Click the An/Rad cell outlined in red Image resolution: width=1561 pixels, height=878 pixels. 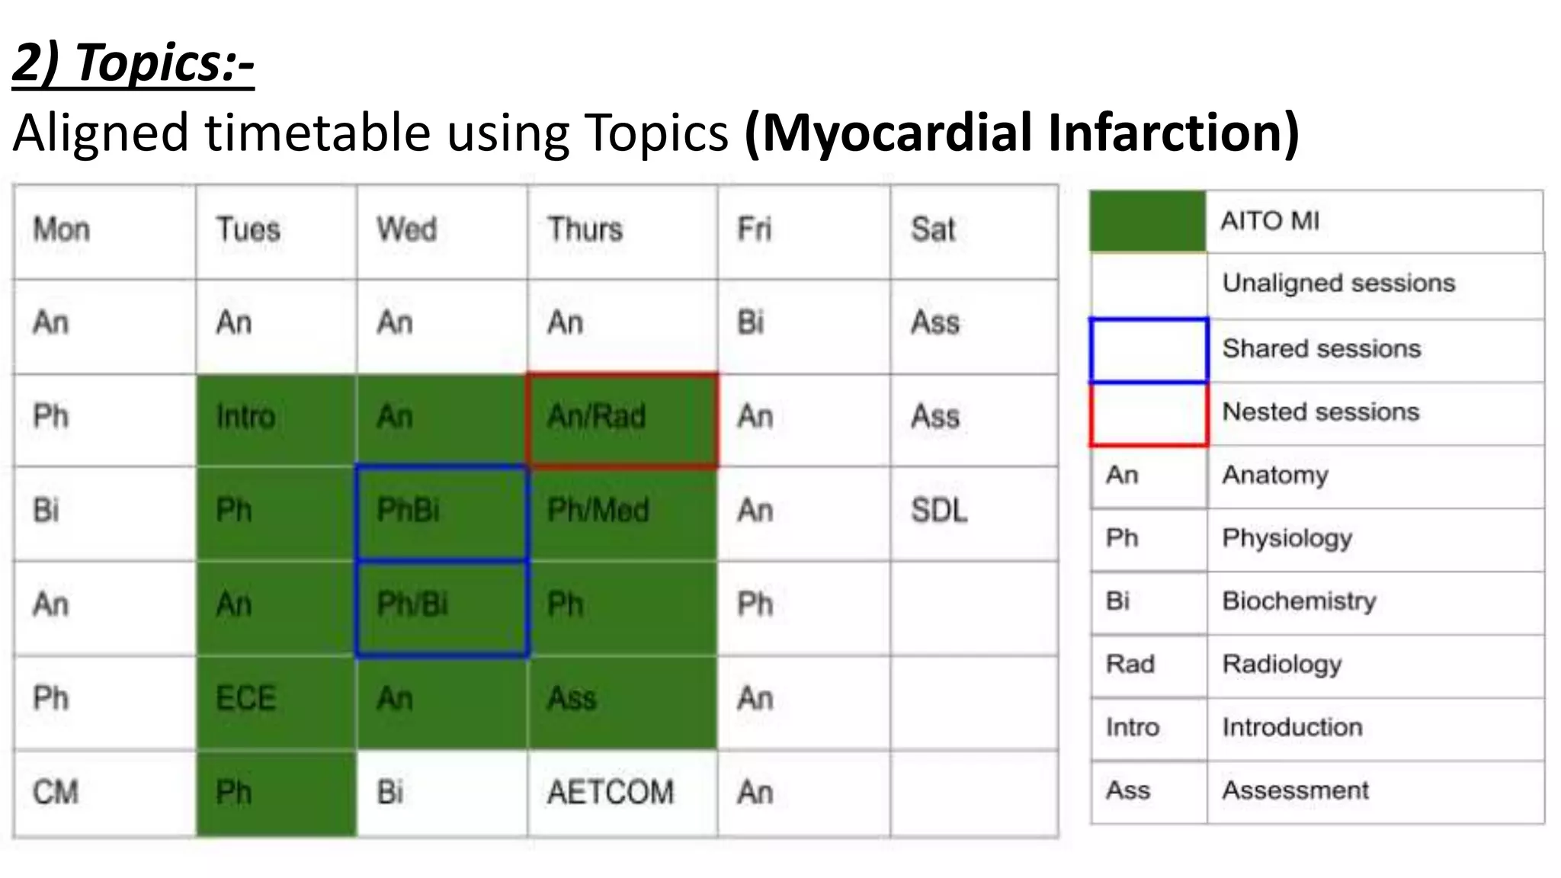coord(621,419)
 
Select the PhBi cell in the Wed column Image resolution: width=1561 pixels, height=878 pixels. coord(441,513)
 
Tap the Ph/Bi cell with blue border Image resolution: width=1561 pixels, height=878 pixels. coord(441,607)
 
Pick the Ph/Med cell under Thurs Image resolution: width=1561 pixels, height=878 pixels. coord(621,513)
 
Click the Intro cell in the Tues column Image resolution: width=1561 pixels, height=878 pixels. coord(276,419)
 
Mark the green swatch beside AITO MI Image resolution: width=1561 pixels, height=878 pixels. coord(1147,222)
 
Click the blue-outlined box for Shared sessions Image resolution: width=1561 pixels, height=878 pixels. coord(1149,350)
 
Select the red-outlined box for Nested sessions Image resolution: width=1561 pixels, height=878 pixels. coord(1149,414)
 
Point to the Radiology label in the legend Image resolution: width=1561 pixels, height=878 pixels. coord(1282,665)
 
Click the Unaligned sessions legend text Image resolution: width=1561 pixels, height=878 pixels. coord(1338,284)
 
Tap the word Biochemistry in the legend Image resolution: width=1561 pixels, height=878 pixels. coord(1299,601)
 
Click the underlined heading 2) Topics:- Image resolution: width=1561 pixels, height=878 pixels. coord(133,62)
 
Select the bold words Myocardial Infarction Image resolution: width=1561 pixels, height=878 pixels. coord(1021,133)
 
